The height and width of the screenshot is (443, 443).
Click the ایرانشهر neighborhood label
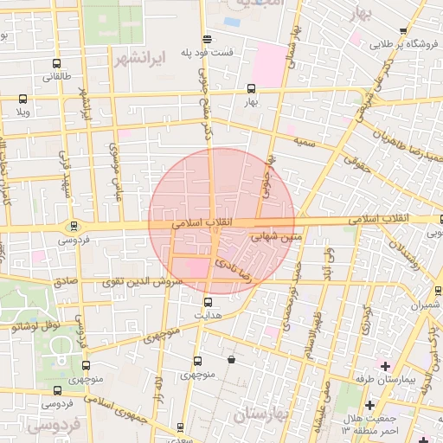point(138,59)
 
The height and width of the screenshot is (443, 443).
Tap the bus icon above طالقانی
point(57,64)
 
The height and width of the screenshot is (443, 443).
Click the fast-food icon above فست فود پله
point(206,40)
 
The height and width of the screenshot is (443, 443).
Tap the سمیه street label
point(304,139)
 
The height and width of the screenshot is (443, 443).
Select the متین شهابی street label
point(277,234)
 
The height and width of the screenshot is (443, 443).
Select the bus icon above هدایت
point(208,302)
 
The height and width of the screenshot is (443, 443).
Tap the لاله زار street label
point(158,383)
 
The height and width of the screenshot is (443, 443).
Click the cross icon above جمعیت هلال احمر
point(369,404)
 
